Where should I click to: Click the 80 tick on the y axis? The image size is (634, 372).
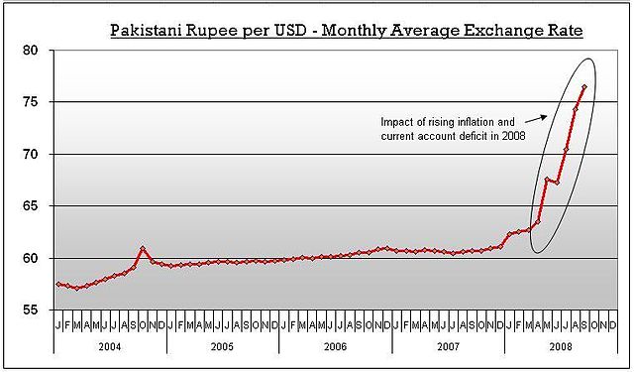[x=32, y=50]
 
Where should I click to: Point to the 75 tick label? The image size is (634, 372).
[x=32, y=102]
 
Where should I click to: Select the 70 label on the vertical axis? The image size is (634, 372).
[x=32, y=154]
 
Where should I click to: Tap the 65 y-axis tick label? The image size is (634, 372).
[x=32, y=206]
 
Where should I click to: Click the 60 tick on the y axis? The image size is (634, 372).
[x=32, y=258]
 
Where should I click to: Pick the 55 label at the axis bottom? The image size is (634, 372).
[x=32, y=310]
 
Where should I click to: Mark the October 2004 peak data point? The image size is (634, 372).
[x=143, y=248]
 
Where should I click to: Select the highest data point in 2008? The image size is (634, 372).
[x=584, y=87]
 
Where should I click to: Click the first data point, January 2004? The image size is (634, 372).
[x=58, y=285]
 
